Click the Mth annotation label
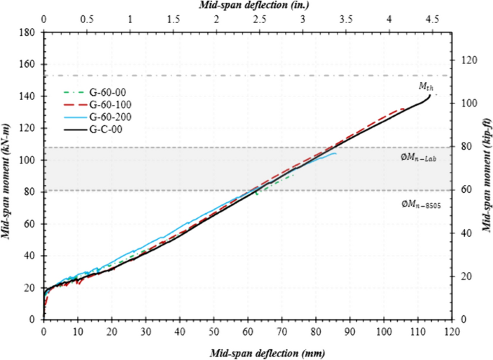pos(426,86)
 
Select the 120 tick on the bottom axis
pos(451,332)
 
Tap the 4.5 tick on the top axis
pos(432,20)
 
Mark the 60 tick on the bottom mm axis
pos(248,332)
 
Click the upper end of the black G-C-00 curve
pos(430,94)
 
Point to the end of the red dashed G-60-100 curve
pos(405,109)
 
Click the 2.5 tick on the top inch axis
pos(260,20)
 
